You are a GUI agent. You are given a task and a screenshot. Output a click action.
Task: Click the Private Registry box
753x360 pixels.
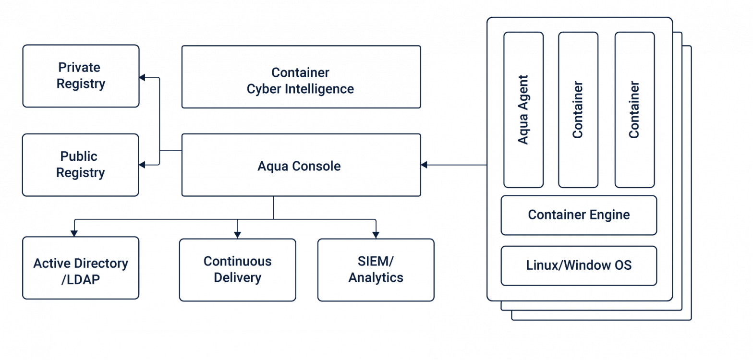[x=81, y=76]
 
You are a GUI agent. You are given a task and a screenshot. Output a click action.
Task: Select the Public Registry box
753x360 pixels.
[x=81, y=165]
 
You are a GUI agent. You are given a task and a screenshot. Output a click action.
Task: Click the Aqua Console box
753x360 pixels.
[x=301, y=165]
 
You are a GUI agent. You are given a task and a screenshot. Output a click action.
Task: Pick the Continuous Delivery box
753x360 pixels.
[x=237, y=269]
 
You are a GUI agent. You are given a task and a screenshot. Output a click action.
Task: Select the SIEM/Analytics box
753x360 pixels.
[x=376, y=269]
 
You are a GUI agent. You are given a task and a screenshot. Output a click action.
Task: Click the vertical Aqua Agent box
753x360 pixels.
[x=523, y=109]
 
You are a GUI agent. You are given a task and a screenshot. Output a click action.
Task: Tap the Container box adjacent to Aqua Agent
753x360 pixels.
[x=578, y=109]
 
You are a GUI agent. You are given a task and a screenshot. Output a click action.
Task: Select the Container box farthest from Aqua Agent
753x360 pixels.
[x=634, y=109]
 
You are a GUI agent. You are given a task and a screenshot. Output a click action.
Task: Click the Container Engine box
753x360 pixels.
[x=579, y=215]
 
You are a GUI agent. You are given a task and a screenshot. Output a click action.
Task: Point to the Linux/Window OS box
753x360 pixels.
[x=579, y=265]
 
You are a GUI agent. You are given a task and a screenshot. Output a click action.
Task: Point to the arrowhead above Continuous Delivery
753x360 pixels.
[x=237, y=233]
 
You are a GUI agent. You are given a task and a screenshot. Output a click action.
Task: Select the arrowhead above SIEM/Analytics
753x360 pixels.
[x=376, y=233]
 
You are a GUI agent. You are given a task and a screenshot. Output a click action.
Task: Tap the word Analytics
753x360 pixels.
[x=376, y=277]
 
